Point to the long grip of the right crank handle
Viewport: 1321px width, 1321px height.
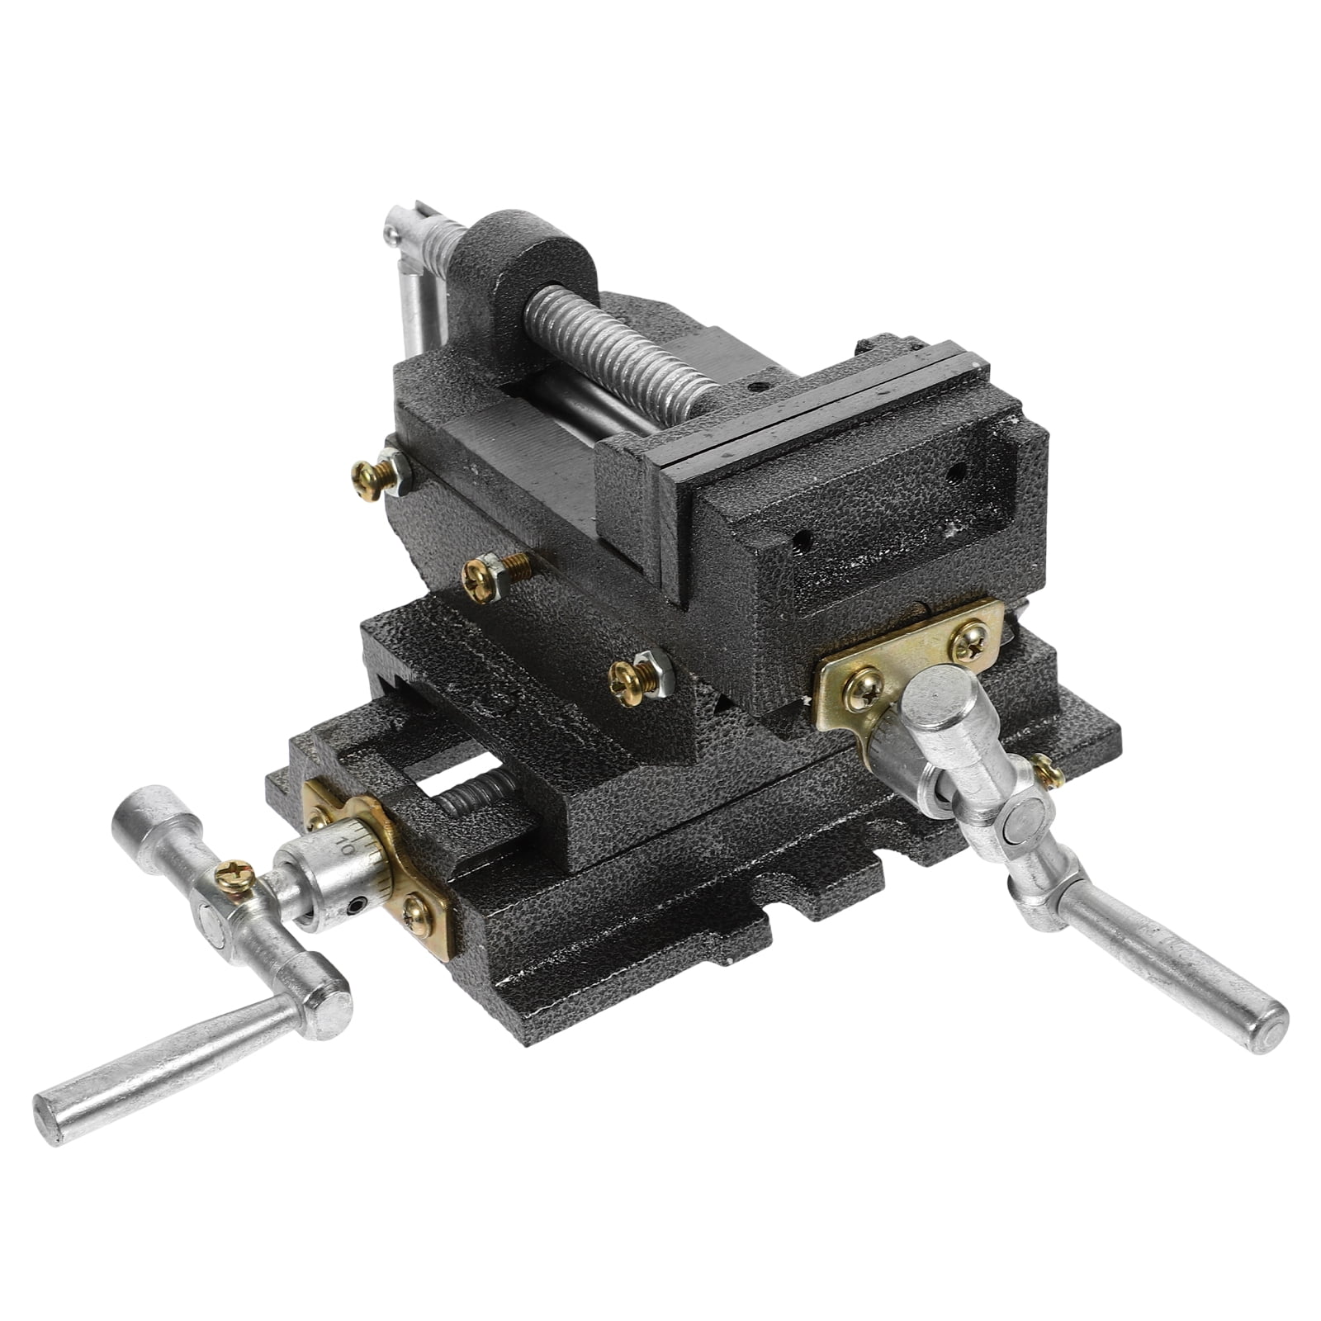coord(1172,974)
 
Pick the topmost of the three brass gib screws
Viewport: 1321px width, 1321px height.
coord(370,478)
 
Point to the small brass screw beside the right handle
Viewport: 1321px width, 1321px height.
coord(1047,771)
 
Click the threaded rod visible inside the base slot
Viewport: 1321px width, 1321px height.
coord(471,797)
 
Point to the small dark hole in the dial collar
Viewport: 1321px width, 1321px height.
coord(356,906)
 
